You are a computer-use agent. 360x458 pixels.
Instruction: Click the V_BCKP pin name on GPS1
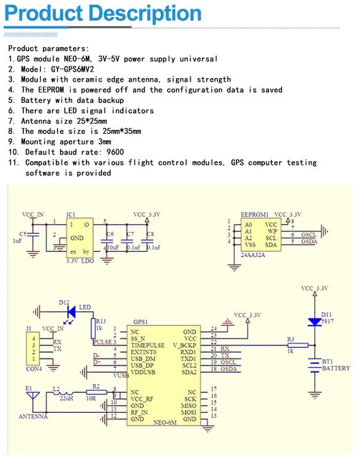click(x=185, y=343)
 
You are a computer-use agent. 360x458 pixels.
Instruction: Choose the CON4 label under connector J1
click(x=34, y=369)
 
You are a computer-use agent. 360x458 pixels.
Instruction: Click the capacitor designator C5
click(x=23, y=234)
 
